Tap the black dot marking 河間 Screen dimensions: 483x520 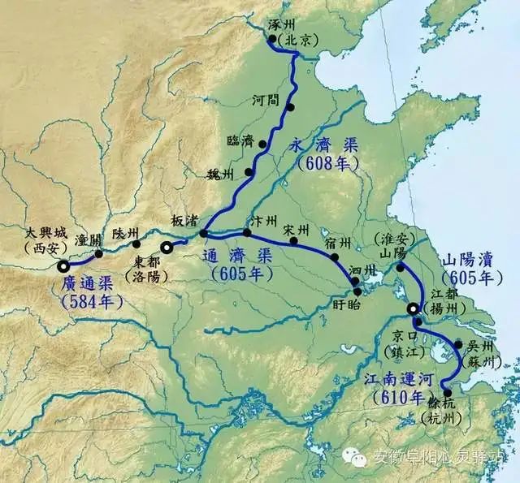pyautogui.click(x=290, y=106)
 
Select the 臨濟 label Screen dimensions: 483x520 pyautogui.click(x=240, y=140)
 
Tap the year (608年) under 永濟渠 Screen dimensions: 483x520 pyautogui.click(x=323, y=162)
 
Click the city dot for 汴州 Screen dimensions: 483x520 pyautogui.click(x=247, y=232)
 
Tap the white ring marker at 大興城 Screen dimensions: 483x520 pyautogui.click(x=63, y=265)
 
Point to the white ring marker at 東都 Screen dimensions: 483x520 pyautogui.click(x=167, y=248)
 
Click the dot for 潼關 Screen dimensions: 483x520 pyautogui.click(x=99, y=253)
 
